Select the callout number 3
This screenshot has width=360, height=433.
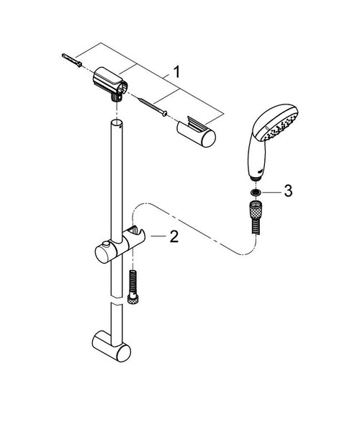click(288, 191)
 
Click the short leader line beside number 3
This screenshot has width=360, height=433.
click(274, 192)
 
